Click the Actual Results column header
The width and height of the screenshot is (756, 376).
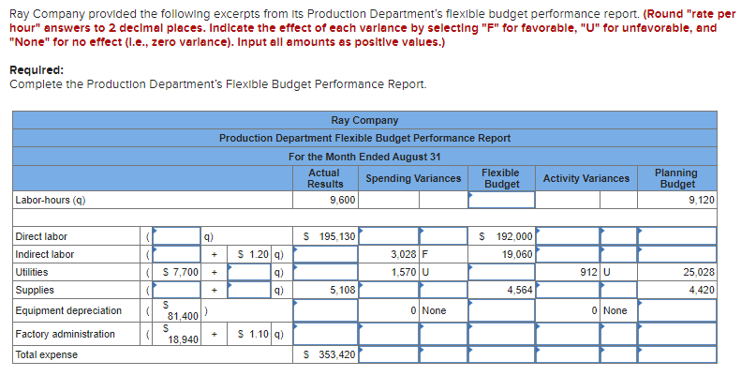click(x=324, y=178)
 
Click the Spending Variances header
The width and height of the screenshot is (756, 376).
click(x=413, y=178)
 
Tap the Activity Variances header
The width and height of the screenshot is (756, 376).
click(x=586, y=178)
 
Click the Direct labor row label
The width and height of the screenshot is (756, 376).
click(x=41, y=236)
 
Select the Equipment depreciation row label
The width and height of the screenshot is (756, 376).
click(x=68, y=310)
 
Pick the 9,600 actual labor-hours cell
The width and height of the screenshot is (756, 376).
click(x=342, y=200)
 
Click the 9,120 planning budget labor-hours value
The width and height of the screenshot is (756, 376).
click(x=700, y=200)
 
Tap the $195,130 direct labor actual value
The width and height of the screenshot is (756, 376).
click(x=331, y=236)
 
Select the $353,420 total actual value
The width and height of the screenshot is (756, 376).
click(x=331, y=354)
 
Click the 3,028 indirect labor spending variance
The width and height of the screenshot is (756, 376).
click(x=404, y=254)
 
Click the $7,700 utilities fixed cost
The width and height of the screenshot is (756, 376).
click(x=178, y=272)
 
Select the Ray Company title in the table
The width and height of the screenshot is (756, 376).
click(x=364, y=120)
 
